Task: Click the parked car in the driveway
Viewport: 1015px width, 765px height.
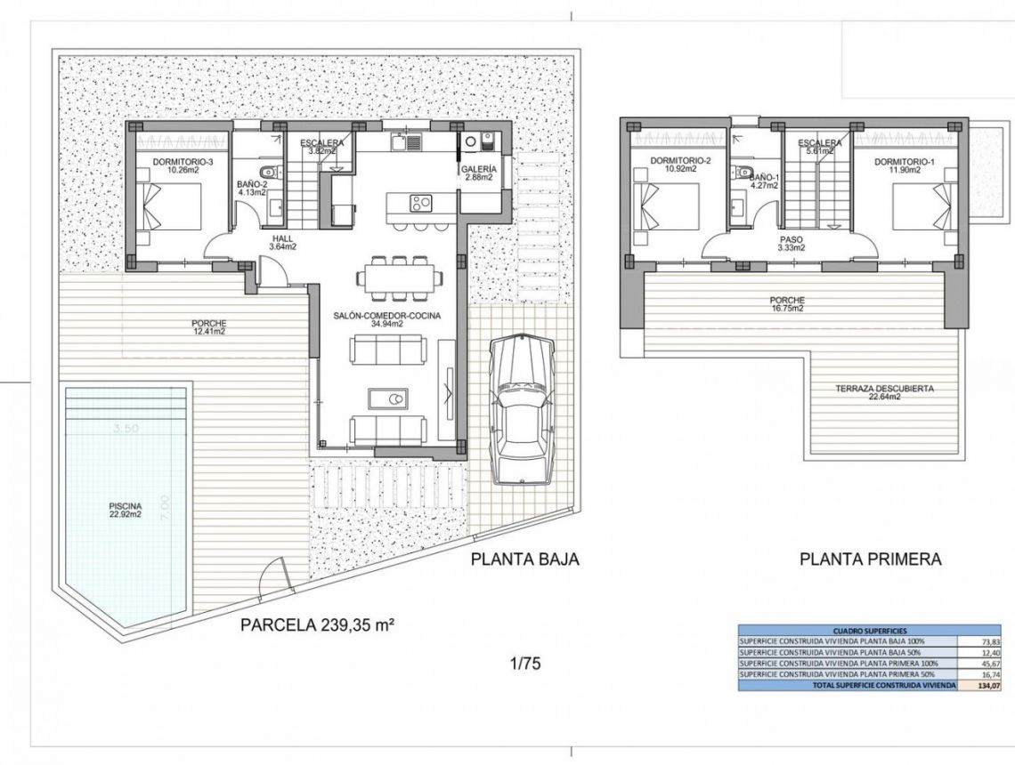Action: tap(524, 408)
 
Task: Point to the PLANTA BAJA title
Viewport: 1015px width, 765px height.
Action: tap(525, 560)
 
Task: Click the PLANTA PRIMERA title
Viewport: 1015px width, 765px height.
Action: tap(870, 560)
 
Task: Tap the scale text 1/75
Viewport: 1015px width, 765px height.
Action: tap(525, 663)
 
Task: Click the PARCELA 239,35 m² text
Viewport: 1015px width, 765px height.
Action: tap(317, 624)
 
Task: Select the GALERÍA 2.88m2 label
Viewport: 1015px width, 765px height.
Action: tap(479, 173)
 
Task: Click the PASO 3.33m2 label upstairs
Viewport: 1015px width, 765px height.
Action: tap(791, 243)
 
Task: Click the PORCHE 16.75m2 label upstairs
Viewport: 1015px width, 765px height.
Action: tap(789, 305)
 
